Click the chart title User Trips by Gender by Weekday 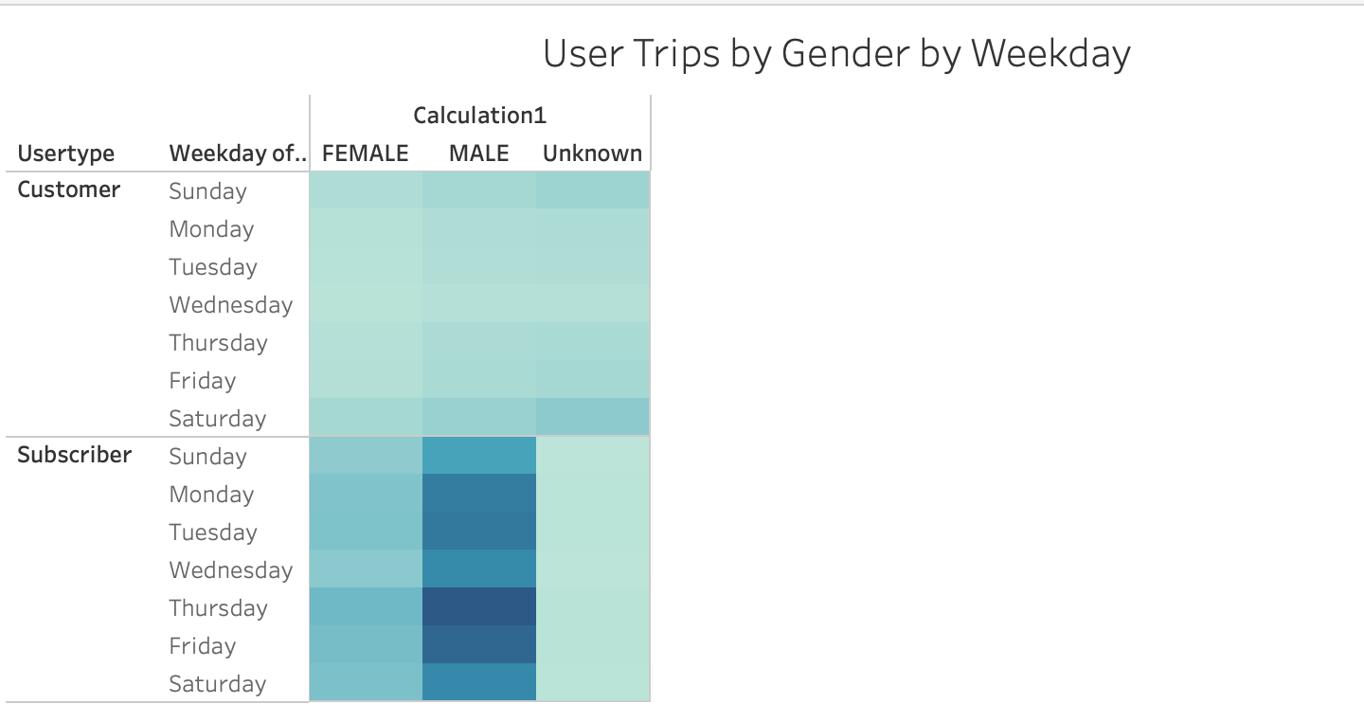(836, 54)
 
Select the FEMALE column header (366, 153)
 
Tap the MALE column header (479, 153)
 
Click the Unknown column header (593, 153)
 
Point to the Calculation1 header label (480, 116)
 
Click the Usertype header (66, 153)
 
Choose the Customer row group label (69, 190)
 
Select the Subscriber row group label (75, 455)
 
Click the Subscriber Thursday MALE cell (479, 607)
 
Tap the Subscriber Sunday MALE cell (479, 456)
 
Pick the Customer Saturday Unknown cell (593, 418)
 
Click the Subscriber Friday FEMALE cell (366, 645)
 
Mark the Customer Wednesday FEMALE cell (366, 304)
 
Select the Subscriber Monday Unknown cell (593, 494)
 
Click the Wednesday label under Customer (231, 305)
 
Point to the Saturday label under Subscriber (218, 684)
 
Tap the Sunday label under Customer (207, 191)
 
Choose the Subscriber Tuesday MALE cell (479, 532)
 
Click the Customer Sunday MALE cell (479, 190)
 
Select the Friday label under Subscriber (203, 646)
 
